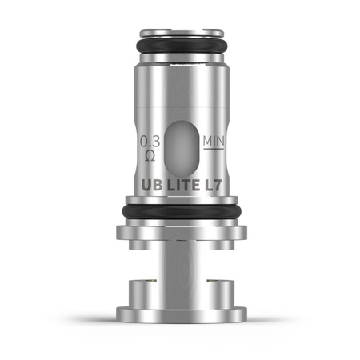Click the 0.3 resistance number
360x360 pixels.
tap(149, 142)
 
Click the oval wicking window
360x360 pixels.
tap(180, 153)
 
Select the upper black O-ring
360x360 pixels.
tap(180, 46)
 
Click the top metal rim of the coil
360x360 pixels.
tap(180, 34)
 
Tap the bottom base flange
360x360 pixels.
tap(180, 314)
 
